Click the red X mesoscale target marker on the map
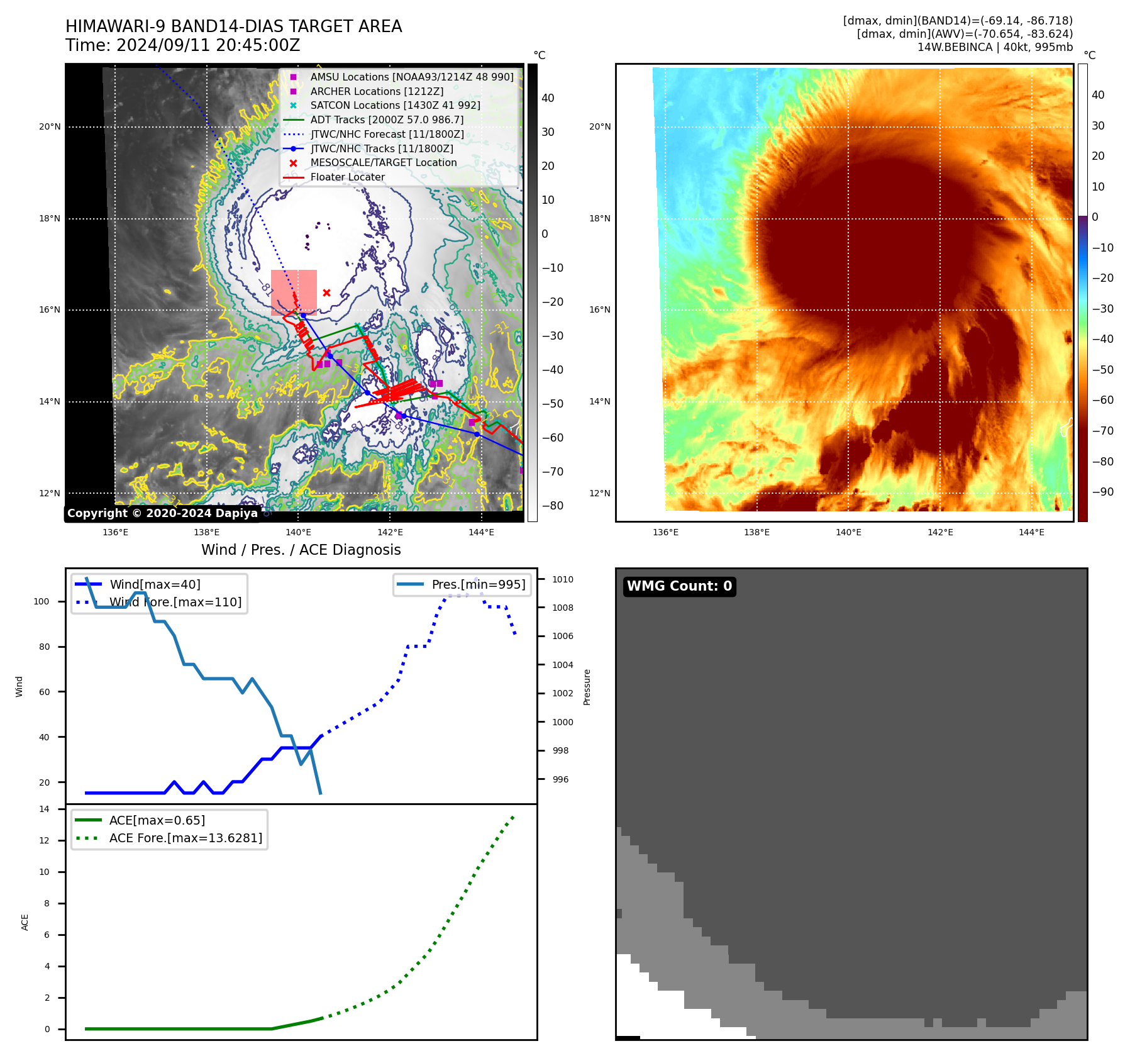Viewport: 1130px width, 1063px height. coord(326,292)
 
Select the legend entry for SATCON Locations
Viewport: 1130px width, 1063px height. coord(394,106)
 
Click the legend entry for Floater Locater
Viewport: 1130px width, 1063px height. coord(347,177)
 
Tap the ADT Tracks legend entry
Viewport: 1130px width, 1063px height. coord(387,120)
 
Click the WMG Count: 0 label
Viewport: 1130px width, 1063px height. coord(679,586)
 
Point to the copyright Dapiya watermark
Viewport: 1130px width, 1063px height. coord(162,513)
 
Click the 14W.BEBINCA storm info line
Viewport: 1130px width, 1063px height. coord(995,47)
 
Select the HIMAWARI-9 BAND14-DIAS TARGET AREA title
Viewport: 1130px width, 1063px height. coord(233,26)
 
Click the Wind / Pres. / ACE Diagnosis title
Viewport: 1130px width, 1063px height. coord(301,550)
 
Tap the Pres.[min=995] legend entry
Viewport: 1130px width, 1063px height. coord(478,584)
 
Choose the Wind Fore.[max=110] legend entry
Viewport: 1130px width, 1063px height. coord(175,602)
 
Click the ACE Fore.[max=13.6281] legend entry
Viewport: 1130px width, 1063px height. coord(186,838)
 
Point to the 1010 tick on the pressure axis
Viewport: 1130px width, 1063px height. coord(563,579)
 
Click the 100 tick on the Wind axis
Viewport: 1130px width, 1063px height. coord(42,601)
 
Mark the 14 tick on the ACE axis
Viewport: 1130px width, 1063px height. coord(45,809)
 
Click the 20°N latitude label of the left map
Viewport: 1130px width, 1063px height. coord(50,127)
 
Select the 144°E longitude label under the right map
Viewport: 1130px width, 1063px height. coord(1031,532)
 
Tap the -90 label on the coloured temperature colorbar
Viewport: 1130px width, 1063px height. coord(1103,492)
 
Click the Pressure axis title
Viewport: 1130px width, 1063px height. coord(587,687)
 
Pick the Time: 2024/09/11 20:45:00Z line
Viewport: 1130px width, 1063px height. coord(182,45)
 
